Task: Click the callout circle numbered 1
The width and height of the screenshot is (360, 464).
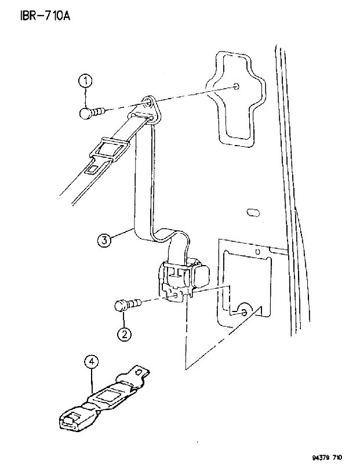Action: pos(85,81)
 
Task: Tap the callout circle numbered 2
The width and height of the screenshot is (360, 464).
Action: pos(124,335)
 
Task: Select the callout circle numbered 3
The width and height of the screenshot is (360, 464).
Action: pos(104,240)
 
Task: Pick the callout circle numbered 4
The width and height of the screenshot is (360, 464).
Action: pos(92,361)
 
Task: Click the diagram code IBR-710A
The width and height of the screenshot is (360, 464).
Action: pos(45,16)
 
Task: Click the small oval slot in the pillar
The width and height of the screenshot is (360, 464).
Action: pos(253,212)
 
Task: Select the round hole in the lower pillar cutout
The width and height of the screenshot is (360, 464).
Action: pos(243,312)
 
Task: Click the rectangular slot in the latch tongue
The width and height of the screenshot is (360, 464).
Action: pos(93,169)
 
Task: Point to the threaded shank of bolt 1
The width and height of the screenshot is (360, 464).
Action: pos(98,112)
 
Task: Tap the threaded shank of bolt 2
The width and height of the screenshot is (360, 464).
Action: pos(133,304)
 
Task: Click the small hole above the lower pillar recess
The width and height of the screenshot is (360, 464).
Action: pos(257,252)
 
